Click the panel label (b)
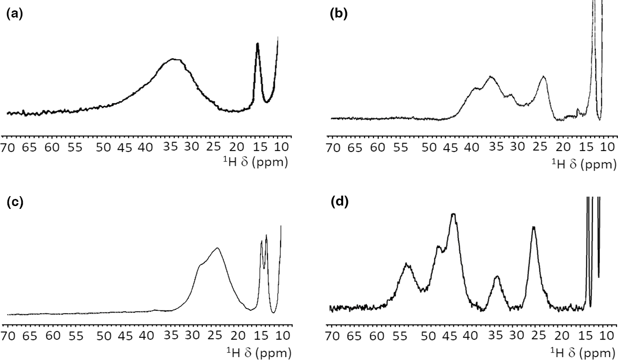338,14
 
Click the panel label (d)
338,203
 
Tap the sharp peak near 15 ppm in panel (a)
257,44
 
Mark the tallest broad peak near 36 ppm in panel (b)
491,76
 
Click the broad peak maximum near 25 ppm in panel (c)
217,248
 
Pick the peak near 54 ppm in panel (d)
407,264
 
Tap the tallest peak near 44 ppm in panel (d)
454,214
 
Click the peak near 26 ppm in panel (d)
534,227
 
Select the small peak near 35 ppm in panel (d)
497,276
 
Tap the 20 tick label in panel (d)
562,336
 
